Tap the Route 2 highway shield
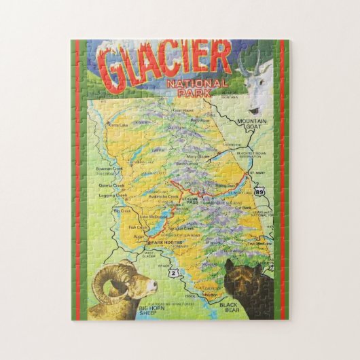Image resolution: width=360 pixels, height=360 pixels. [176, 273]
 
